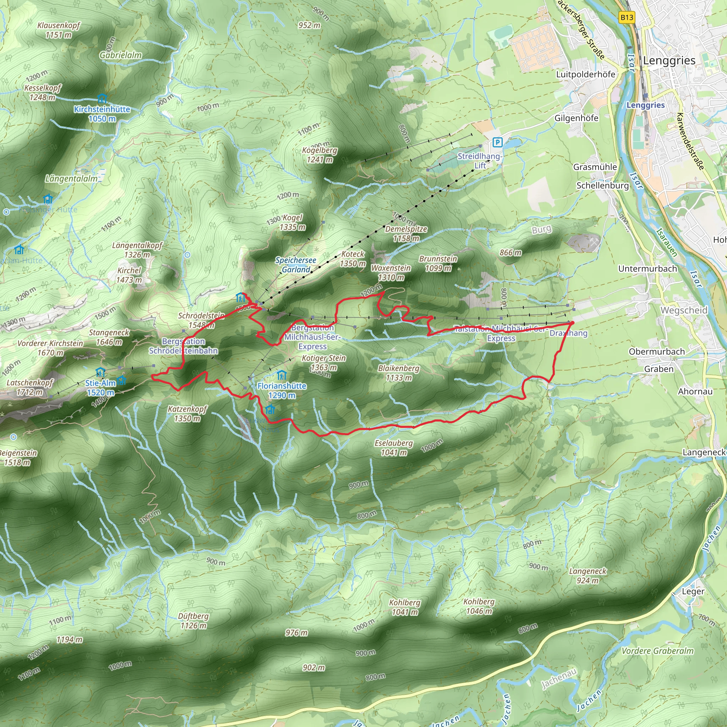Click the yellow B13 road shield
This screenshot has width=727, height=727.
tap(627, 17)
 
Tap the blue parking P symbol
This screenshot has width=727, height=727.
tap(497, 142)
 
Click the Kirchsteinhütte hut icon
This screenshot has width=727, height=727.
tap(102, 99)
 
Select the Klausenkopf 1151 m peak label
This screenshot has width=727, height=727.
tap(59, 30)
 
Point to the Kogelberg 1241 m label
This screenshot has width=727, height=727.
tap(319, 155)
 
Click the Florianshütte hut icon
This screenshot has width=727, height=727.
tap(281, 375)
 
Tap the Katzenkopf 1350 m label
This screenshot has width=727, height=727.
tap(187, 414)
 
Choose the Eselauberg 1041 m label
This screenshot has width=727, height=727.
tap(394, 448)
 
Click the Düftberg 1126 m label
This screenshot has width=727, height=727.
tap(193, 621)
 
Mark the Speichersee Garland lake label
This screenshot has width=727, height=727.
tap(296, 265)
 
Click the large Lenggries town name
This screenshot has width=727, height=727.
tap(669, 61)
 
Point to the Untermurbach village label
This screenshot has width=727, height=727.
tap(647, 269)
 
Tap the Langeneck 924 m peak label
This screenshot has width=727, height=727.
tap(588, 576)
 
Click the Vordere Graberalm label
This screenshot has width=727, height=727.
tap(657, 651)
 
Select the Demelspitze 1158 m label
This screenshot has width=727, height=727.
tap(406, 234)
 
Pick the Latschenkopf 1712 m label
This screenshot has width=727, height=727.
tap(30, 387)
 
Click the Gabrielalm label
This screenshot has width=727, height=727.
tap(120, 55)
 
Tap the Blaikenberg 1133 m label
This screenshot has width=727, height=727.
tap(399, 373)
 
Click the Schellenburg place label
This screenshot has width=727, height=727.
tap(602, 186)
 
